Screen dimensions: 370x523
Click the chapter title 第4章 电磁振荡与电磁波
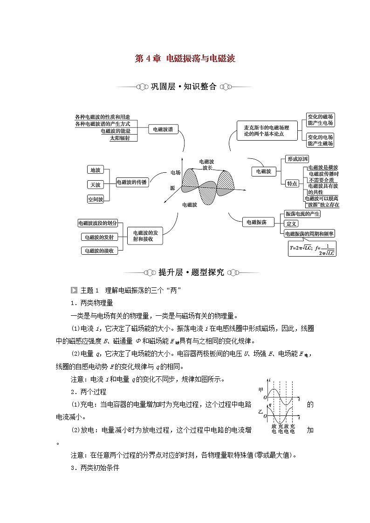tap(185, 58)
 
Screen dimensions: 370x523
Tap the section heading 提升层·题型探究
tap(185, 272)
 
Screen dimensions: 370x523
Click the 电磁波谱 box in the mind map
tap(163, 130)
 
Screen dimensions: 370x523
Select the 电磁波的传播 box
tap(131, 183)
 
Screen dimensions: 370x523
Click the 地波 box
tap(96, 170)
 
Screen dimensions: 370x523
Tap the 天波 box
tap(96, 184)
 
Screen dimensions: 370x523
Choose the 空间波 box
tap(96, 199)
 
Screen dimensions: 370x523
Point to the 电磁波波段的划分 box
tap(98, 223)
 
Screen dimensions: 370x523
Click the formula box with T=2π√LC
tap(312, 247)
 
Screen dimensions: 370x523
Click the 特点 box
tap(292, 183)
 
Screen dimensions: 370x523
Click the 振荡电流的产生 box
tap(302, 214)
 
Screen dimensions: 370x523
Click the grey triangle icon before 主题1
tap(74, 290)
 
